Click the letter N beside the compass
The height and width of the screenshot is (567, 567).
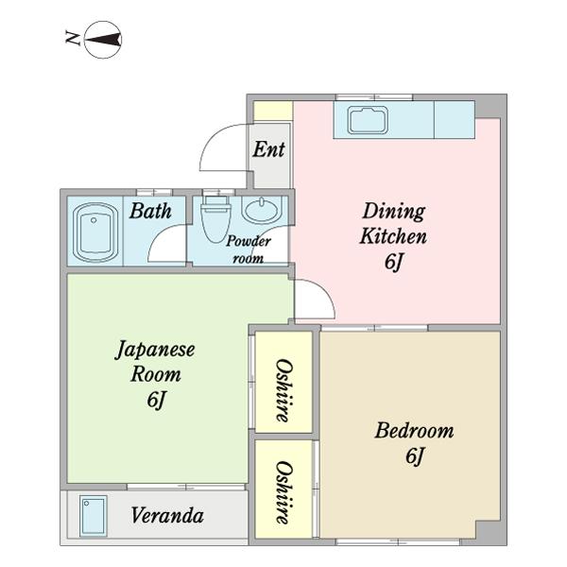(x=73, y=38)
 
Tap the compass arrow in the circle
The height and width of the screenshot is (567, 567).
(x=103, y=40)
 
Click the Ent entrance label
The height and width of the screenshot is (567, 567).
(x=268, y=149)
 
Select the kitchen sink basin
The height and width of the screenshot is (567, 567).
(x=369, y=120)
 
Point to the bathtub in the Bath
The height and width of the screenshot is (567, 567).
(x=95, y=232)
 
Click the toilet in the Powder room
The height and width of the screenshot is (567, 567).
(x=215, y=219)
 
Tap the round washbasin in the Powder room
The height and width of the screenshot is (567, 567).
(x=262, y=210)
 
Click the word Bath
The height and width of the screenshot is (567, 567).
(x=150, y=211)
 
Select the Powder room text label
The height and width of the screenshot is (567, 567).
(x=248, y=249)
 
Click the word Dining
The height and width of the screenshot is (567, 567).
(x=394, y=211)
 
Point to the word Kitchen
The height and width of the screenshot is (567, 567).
(x=393, y=235)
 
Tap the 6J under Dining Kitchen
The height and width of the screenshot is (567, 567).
(x=393, y=262)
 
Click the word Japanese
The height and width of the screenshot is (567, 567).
(x=155, y=350)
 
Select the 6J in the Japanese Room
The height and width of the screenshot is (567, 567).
(x=156, y=400)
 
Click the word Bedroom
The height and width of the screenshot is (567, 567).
(x=415, y=431)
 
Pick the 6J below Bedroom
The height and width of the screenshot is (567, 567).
(x=415, y=455)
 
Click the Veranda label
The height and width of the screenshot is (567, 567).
(x=167, y=515)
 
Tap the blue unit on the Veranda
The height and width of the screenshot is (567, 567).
(x=94, y=516)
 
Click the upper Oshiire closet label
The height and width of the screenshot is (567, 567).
(x=284, y=390)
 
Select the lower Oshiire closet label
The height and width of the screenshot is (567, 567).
(x=284, y=492)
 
